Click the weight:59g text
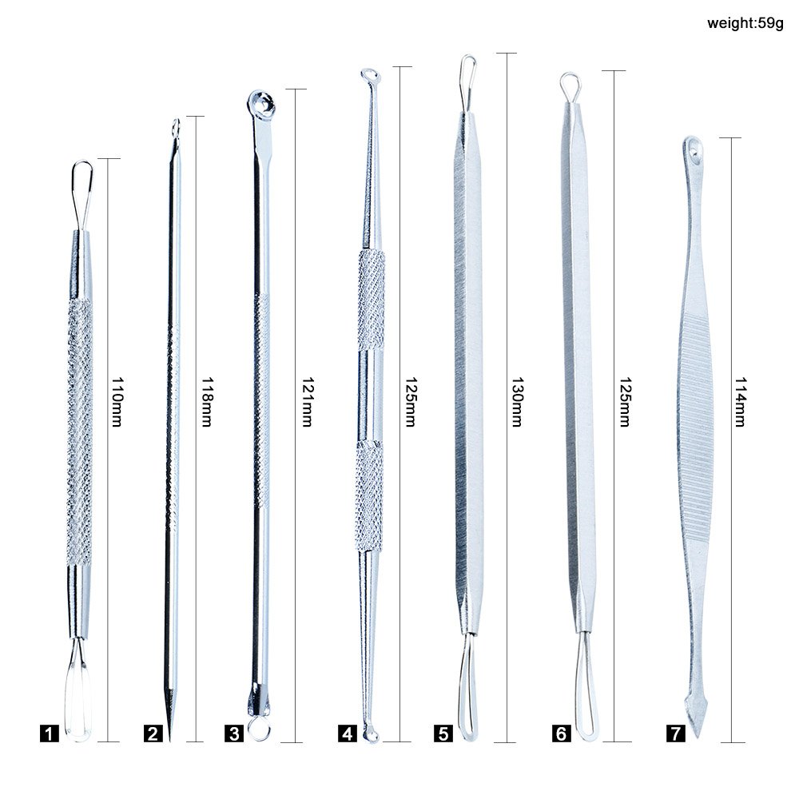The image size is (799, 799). point(745,22)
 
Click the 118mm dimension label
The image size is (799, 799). point(206,402)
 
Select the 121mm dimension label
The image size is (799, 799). point(304,402)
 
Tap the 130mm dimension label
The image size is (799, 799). point(516,402)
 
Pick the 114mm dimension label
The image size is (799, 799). point(739,402)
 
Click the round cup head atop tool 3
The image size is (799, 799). point(261,101)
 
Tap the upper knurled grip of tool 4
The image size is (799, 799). point(371,299)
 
